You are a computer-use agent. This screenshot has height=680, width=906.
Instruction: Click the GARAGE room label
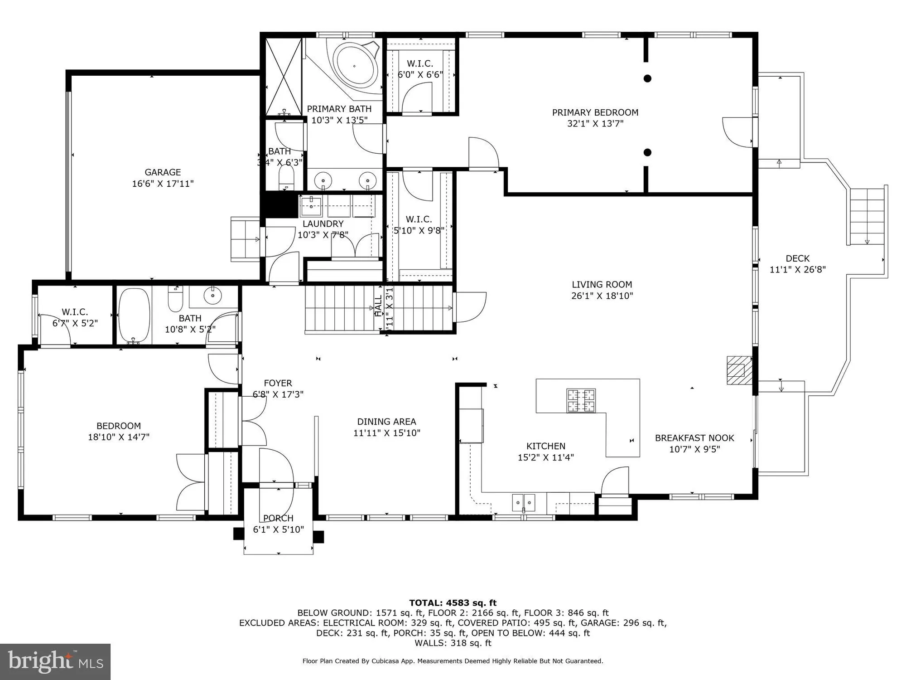163,172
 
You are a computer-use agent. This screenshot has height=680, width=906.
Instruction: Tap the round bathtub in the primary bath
356,66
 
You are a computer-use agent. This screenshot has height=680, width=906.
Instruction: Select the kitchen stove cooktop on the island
581,401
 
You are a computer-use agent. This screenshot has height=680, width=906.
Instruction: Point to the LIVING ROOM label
602,285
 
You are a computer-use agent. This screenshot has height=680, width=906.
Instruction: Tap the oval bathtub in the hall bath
134,316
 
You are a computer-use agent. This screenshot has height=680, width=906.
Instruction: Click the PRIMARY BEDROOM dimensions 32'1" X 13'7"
595,124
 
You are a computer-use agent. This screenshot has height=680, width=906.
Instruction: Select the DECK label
797,258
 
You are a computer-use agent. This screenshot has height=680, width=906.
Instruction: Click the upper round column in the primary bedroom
647,78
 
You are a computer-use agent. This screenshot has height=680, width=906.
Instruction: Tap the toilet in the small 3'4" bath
286,178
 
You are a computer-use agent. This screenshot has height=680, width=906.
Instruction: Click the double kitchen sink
524,502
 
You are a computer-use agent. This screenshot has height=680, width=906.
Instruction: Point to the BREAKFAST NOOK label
694,438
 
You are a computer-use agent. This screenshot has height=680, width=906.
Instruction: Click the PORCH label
278,518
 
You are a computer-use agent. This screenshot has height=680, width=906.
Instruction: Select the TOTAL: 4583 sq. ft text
453,603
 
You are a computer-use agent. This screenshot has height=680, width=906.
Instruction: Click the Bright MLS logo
55,662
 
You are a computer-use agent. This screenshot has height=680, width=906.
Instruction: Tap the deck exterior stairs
867,216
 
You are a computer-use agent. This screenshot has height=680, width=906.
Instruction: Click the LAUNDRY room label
323,224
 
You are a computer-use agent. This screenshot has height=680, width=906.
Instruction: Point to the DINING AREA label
386,422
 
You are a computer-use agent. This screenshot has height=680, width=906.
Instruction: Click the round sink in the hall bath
212,296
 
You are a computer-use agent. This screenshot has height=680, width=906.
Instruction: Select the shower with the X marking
284,77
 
